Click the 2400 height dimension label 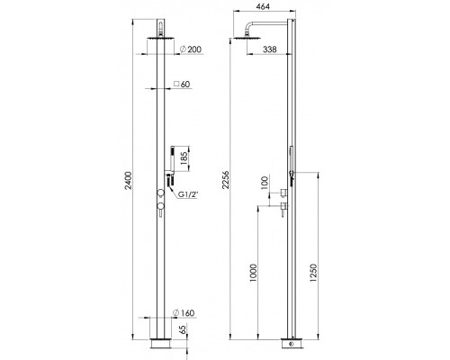point(129,181)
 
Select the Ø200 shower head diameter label point(190,49)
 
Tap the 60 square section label point(182,85)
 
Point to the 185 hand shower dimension point(184,158)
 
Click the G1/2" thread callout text point(189,194)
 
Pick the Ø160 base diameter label point(184,313)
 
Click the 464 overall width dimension point(262,6)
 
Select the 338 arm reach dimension point(270,49)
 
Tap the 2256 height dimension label point(226,180)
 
